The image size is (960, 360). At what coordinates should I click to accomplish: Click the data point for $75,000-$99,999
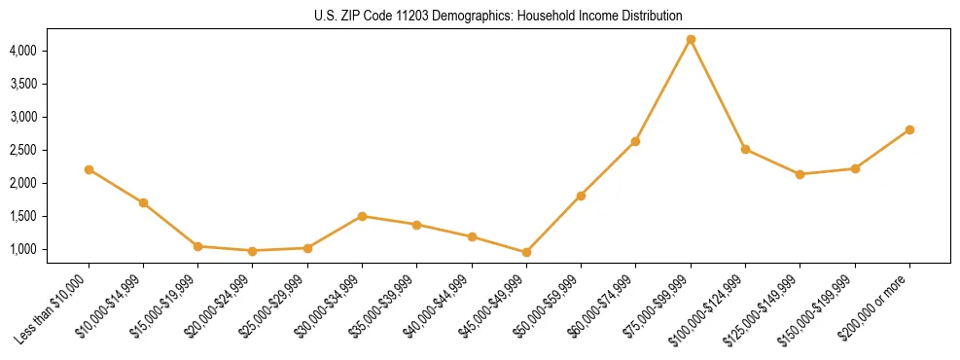point(691,40)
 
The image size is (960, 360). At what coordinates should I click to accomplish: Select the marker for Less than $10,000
point(89,169)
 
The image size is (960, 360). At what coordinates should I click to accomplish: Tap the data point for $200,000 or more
point(909,129)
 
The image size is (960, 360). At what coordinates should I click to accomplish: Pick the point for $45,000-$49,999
point(526,252)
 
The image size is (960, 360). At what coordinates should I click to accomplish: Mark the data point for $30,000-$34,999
point(362,216)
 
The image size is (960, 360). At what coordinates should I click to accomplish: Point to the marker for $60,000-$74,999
point(635,141)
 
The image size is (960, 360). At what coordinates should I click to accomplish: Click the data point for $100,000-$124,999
point(745,149)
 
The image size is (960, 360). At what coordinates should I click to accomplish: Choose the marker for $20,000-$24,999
point(253,251)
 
